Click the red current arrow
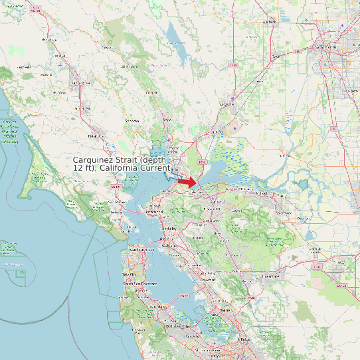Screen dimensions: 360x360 point(188,181)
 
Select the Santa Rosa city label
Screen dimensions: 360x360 point(79,82)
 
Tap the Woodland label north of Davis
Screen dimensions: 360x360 point(269,22)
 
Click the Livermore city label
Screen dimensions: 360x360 point(270,275)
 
